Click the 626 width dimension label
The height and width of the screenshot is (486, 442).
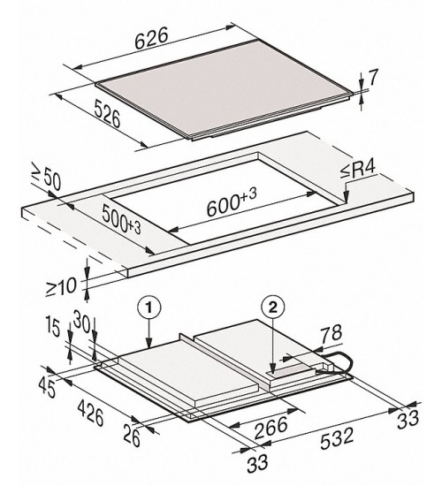[152, 38]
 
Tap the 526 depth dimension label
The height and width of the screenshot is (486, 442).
[107, 113]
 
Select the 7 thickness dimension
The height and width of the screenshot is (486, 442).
[372, 78]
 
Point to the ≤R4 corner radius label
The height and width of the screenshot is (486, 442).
[359, 170]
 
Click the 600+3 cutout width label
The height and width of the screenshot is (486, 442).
[232, 202]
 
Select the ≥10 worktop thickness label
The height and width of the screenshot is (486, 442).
[61, 286]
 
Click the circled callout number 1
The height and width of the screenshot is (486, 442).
[149, 308]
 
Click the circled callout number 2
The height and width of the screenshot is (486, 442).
[273, 308]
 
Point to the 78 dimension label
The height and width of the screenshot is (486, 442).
[331, 333]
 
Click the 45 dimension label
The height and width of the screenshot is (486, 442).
[48, 388]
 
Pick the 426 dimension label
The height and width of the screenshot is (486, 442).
[90, 413]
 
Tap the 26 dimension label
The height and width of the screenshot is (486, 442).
[132, 436]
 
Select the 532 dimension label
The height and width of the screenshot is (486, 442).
[337, 438]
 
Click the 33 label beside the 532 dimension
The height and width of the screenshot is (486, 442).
[408, 420]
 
